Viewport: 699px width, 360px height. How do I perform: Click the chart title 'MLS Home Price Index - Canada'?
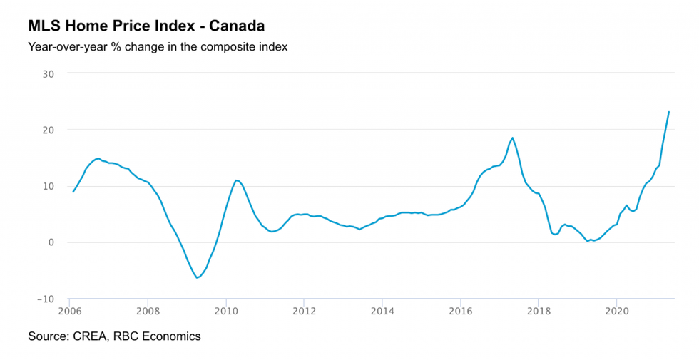[146, 26]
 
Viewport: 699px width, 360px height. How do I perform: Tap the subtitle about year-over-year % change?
[157, 48]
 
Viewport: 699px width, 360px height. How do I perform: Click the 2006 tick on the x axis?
[69, 311]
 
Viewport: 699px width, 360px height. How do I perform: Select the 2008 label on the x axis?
[147, 311]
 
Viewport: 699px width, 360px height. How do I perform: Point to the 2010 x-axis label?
[226, 311]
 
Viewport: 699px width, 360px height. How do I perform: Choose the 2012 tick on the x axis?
[305, 311]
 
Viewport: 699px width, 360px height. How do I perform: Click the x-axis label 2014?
[382, 311]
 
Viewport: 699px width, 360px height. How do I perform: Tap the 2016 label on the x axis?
[461, 311]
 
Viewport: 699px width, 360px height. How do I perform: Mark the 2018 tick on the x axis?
[539, 311]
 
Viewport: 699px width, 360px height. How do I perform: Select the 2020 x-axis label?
[616, 311]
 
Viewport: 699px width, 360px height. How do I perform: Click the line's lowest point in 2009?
[197, 277]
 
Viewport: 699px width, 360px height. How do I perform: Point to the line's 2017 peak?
[512, 138]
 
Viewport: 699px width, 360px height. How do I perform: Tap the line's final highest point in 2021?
[668, 112]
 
